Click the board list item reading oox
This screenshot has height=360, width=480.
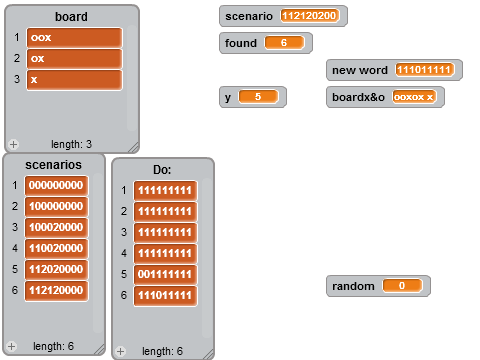75,38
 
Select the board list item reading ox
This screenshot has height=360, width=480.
75,59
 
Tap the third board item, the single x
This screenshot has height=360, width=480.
75,80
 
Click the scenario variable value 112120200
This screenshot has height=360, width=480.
309,16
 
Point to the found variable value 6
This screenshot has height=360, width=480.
284,43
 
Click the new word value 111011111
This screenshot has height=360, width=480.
424,70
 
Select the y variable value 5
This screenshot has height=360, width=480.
258,97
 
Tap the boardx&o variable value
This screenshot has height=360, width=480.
414,97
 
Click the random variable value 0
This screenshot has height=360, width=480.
402,286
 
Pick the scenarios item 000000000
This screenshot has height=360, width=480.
56,185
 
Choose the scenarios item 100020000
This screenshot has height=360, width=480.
56,227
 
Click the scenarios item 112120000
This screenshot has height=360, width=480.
56,290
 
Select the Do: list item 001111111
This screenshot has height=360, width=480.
165,274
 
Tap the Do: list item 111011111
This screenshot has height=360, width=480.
165,295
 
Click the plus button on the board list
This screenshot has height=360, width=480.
13,144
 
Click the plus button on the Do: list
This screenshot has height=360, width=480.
121,351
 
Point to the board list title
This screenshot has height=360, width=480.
71,17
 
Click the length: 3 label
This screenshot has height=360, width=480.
71,144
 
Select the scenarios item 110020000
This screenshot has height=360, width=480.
56,248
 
